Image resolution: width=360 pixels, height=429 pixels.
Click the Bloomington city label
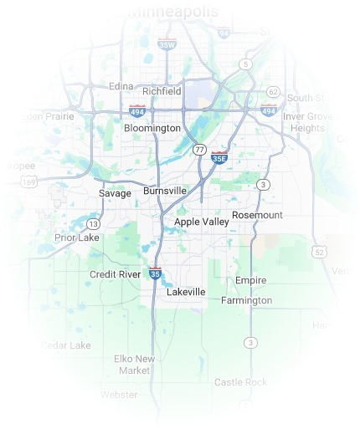click(x=152, y=129)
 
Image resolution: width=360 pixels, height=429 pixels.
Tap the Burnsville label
click(x=165, y=191)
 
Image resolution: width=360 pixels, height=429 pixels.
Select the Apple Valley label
click(x=201, y=222)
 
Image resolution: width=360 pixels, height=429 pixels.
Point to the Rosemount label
click(x=257, y=215)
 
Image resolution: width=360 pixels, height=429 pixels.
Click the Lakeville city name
click(x=185, y=292)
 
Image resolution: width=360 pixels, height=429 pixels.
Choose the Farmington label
click(x=247, y=300)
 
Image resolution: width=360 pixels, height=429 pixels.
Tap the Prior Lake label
click(x=77, y=237)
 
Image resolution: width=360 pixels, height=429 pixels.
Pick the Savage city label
click(x=115, y=193)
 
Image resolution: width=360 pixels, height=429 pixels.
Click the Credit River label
click(x=116, y=274)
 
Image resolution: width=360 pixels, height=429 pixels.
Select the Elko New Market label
click(x=134, y=364)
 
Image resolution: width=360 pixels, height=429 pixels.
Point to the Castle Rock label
click(x=239, y=382)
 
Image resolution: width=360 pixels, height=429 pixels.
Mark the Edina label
click(x=121, y=85)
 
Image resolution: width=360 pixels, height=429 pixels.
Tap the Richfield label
click(x=162, y=90)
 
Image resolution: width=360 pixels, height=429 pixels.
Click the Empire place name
click(x=250, y=280)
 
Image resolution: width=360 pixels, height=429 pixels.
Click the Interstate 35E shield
click(x=219, y=156)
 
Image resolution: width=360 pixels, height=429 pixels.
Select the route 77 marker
click(x=198, y=149)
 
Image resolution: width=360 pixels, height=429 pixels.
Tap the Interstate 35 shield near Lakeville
click(x=155, y=273)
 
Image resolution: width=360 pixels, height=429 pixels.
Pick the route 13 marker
click(x=94, y=224)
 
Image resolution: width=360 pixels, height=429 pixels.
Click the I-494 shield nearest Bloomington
click(x=137, y=110)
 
